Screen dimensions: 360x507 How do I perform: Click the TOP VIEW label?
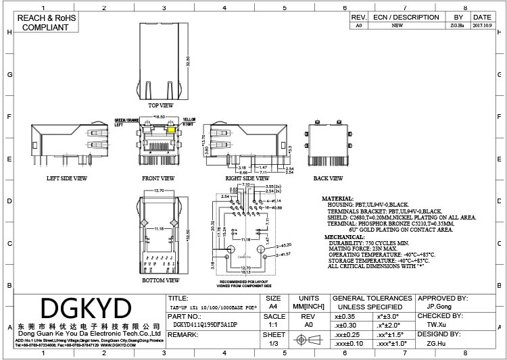[160, 106]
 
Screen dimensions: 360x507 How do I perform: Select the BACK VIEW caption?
[328, 178]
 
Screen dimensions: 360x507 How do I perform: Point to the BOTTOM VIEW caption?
[161, 279]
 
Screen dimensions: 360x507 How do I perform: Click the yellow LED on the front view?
[172, 130]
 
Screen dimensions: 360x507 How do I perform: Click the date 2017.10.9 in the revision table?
[482, 26]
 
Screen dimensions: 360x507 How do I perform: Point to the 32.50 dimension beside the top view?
[187, 61]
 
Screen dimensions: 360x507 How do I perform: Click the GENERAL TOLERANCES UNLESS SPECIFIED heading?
[370, 302]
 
